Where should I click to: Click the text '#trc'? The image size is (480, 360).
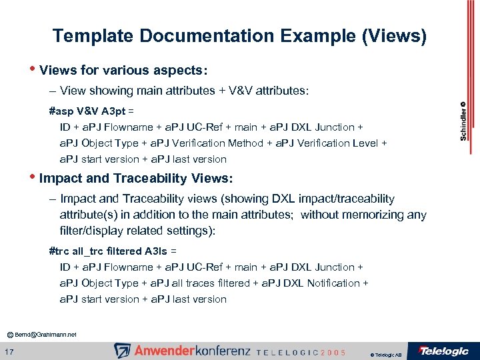(59, 251)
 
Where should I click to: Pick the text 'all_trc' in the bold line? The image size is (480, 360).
(87, 251)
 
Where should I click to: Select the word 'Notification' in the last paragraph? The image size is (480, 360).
(332, 283)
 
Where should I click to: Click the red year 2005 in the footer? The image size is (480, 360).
(333, 352)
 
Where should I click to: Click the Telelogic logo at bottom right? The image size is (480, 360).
(443, 351)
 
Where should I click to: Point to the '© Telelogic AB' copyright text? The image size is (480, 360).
(386, 355)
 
